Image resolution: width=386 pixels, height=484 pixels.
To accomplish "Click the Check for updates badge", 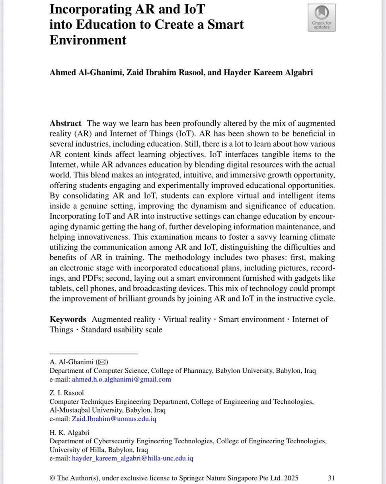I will coord(321,18).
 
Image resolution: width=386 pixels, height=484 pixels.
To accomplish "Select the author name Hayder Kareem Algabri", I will coord(263,73).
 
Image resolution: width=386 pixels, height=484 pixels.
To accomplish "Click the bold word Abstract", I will coord(65,124).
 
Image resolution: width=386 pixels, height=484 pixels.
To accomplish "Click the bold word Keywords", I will coord(68,319).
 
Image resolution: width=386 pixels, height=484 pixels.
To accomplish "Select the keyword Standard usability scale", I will coord(121,330).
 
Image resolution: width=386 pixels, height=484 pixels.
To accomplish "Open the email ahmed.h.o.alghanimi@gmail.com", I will coord(121,380).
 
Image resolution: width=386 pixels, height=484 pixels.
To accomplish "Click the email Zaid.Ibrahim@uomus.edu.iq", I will coord(114,419).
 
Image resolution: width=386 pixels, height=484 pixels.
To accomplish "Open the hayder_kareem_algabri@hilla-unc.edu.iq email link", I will coord(133,458).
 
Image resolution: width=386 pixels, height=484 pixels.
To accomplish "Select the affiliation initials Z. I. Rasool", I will coord(66,393).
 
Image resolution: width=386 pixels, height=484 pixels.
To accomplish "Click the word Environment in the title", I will coord(88,40).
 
